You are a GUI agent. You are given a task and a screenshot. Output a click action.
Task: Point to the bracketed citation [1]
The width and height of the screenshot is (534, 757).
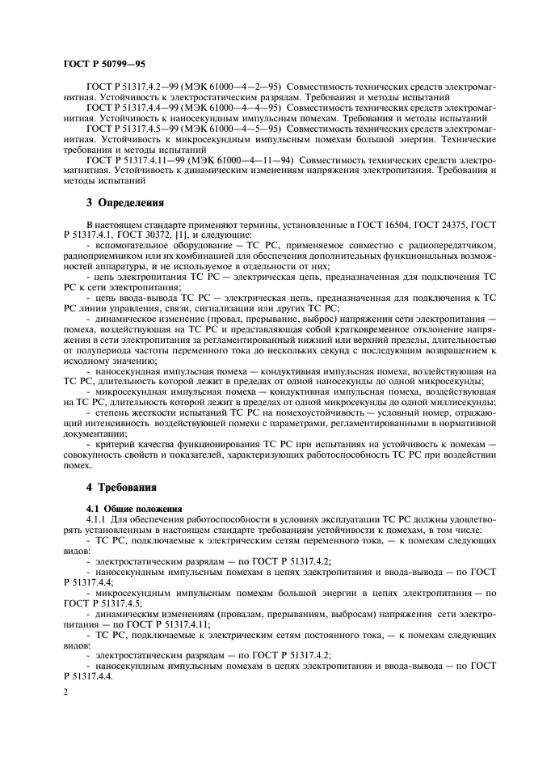tap(183, 234)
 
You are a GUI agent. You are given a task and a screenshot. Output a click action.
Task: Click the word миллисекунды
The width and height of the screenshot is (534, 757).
tap(464, 402)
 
